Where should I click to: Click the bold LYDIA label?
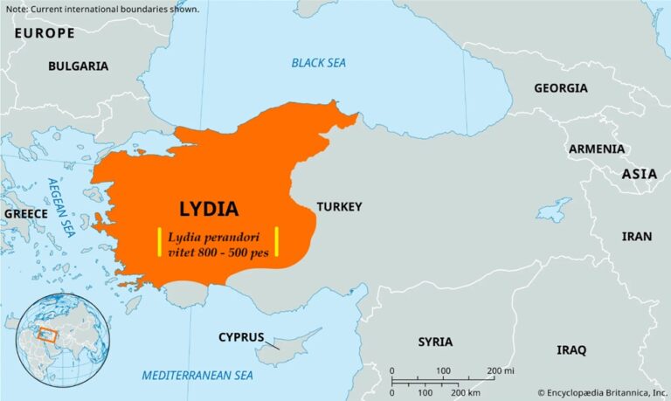(209, 209)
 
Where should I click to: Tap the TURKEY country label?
(339, 206)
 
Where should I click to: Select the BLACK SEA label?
(319, 63)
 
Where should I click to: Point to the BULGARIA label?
(78, 66)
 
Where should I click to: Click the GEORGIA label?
(561, 88)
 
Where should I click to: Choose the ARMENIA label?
(597, 149)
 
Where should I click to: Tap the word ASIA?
(639, 174)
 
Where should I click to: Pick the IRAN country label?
(636, 236)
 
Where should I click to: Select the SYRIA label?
(435, 342)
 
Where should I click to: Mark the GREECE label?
(25, 213)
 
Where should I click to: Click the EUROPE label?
(44, 33)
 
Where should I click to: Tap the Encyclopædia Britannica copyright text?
(602, 392)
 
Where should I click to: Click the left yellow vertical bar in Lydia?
(159, 241)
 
